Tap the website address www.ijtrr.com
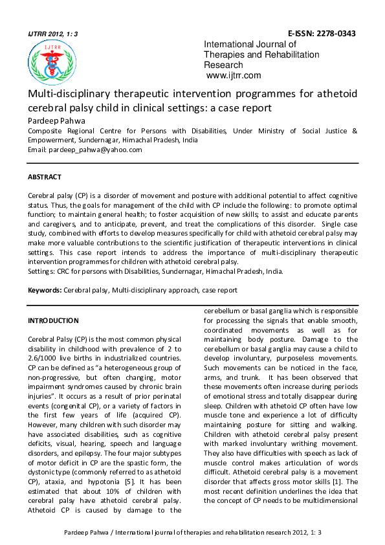(234, 75)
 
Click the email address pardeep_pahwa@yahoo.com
(94, 150)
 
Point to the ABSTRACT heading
(45, 177)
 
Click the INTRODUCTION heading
(53, 320)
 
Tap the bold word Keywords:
(44, 290)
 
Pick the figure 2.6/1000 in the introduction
(47, 359)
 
